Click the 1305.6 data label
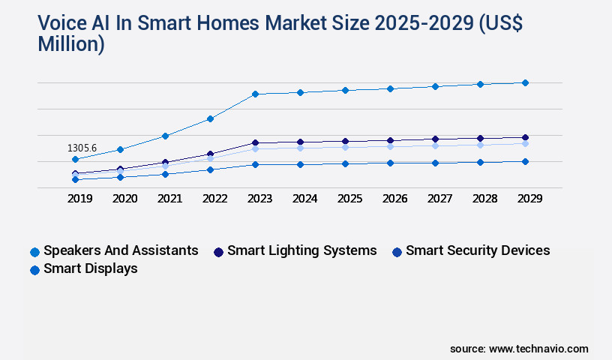coord(82,148)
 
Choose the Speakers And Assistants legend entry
coord(121,250)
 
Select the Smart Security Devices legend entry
coord(477,250)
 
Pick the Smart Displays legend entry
coord(90,268)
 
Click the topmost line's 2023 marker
coord(255,94)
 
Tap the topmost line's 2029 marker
coord(525,82)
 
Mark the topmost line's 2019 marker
coord(75,159)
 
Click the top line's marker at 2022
coord(210,118)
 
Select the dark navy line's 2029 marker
coord(525,137)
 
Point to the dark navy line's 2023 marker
coord(255,142)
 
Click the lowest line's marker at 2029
coord(525,161)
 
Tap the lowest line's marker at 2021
coord(165,174)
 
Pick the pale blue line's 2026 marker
coord(390,146)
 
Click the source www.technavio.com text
coord(519,349)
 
